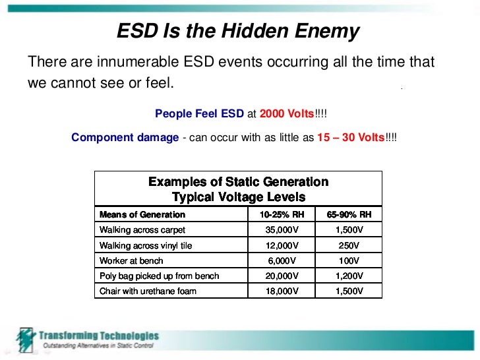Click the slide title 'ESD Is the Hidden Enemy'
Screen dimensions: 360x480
point(238,31)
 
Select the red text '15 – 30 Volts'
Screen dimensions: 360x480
point(349,138)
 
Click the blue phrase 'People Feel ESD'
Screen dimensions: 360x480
point(199,113)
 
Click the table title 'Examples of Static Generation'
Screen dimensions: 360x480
point(238,181)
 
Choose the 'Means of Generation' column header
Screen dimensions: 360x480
point(142,214)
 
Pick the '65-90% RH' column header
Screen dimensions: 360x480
point(349,214)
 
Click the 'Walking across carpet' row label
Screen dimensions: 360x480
point(142,230)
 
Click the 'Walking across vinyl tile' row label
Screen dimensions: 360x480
point(146,245)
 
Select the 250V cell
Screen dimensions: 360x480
point(349,245)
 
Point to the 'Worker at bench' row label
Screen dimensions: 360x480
point(131,260)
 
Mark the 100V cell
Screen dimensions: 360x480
point(349,260)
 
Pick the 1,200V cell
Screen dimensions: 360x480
point(349,276)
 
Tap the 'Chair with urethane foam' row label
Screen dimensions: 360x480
point(148,291)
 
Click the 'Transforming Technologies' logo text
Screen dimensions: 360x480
point(98,336)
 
